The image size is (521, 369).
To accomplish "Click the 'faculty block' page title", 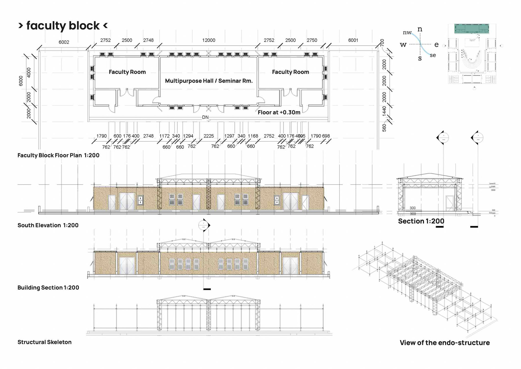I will click(x=63, y=26).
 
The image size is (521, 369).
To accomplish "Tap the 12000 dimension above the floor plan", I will click(x=209, y=40).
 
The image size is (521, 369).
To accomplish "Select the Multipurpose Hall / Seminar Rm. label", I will click(x=209, y=81).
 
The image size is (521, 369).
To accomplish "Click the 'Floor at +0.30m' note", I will click(x=279, y=112).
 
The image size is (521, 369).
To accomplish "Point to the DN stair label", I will click(x=205, y=117).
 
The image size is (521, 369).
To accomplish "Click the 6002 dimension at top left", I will click(x=64, y=42).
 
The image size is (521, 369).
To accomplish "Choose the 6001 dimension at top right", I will click(x=353, y=40).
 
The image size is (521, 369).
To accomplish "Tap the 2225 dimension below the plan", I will click(x=209, y=136).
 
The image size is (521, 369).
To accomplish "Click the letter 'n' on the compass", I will click(x=420, y=29).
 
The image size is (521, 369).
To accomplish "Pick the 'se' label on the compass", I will click(x=433, y=55).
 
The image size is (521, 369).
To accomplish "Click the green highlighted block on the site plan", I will click(x=472, y=29).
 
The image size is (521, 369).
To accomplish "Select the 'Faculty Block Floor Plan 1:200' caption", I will click(x=58, y=155).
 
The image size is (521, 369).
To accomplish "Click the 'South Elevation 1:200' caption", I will click(x=48, y=225).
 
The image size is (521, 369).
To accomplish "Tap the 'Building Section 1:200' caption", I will click(x=48, y=287).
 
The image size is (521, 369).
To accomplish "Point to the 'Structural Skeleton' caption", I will click(x=45, y=342).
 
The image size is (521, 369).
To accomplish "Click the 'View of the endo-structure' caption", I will click(x=445, y=343).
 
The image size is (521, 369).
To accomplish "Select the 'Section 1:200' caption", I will click(x=421, y=221).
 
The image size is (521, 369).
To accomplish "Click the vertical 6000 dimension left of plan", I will click(x=21, y=81).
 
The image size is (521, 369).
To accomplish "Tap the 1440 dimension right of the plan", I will click(x=384, y=111).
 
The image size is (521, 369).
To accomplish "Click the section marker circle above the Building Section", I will click(x=204, y=225).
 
